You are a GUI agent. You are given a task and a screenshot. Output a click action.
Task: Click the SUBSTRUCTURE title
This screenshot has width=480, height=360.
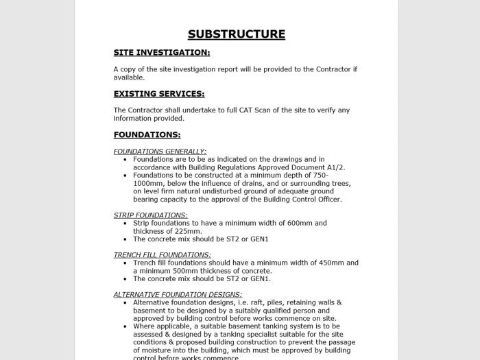coord(237,34)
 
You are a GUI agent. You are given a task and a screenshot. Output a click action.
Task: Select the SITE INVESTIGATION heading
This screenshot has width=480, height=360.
coord(162,52)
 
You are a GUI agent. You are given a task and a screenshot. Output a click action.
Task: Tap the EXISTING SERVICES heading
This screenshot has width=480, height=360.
coord(159,94)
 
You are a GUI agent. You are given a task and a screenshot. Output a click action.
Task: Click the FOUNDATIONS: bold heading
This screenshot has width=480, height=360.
coord(147,135)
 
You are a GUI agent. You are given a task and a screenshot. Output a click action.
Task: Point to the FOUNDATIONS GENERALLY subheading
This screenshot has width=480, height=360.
coord(160,152)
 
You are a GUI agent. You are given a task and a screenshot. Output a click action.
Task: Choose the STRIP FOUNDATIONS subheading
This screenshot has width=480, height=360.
coord(151,215)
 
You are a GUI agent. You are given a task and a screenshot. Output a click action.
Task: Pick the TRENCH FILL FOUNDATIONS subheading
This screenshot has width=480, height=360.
coord(163,255)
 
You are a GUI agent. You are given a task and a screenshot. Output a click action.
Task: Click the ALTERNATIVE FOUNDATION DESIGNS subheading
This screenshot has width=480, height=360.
coord(178,294)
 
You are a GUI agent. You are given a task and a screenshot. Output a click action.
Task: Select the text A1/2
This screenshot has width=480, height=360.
coord(335,167)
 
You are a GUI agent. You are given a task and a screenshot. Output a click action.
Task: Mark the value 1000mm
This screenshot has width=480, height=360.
coord(149,183)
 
